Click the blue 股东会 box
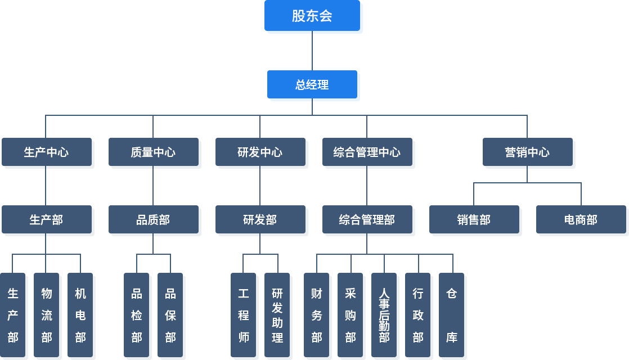tap(312, 15)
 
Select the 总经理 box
tap(312, 84)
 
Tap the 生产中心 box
tap(47, 152)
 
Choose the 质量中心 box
tap(153, 152)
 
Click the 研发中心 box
tap(260, 152)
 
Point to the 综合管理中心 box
tap(367, 152)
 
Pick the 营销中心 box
tap(528, 152)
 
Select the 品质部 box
tap(153, 219)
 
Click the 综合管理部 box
tap(367, 219)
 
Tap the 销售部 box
tap(474, 219)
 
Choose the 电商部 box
tap(581, 219)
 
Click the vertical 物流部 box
tap(47, 315)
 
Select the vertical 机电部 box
tap(80, 315)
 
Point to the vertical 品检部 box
tap(136, 315)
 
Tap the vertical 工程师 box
tap(243, 315)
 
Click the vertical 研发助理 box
tap(277, 315)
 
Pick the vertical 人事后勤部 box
tap(384, 315)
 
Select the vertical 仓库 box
tap(451, 315)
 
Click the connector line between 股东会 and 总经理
tap(312, 51)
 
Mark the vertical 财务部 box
tap(317, 315)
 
